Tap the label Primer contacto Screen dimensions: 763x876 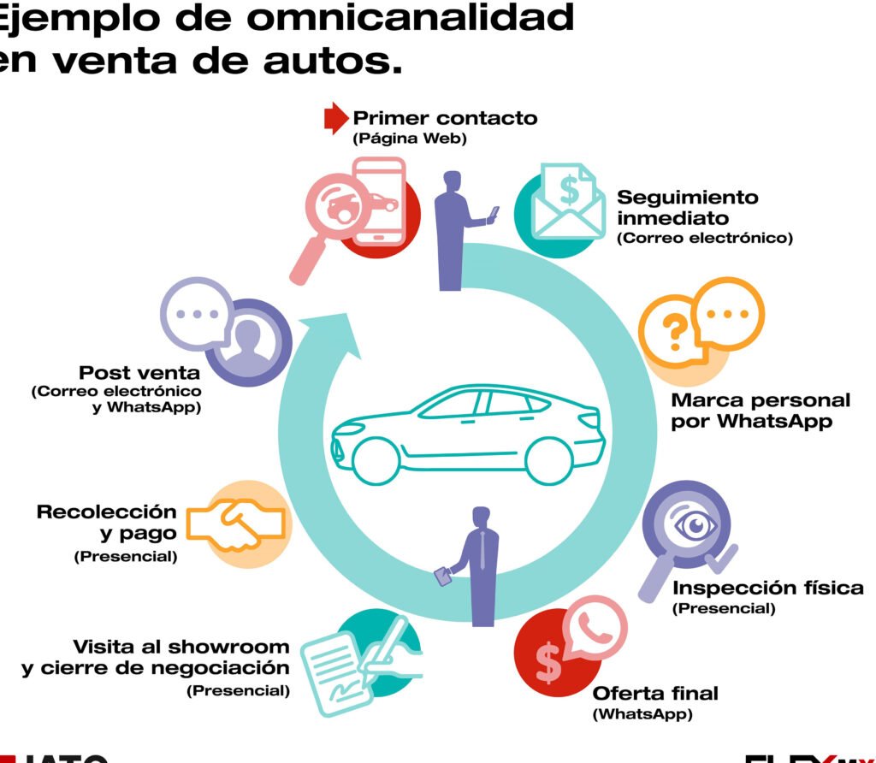pos(445,118)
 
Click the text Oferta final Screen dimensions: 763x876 pos(655,693)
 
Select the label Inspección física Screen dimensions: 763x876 pos(767,588)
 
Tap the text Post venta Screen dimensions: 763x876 pos(139,373)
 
